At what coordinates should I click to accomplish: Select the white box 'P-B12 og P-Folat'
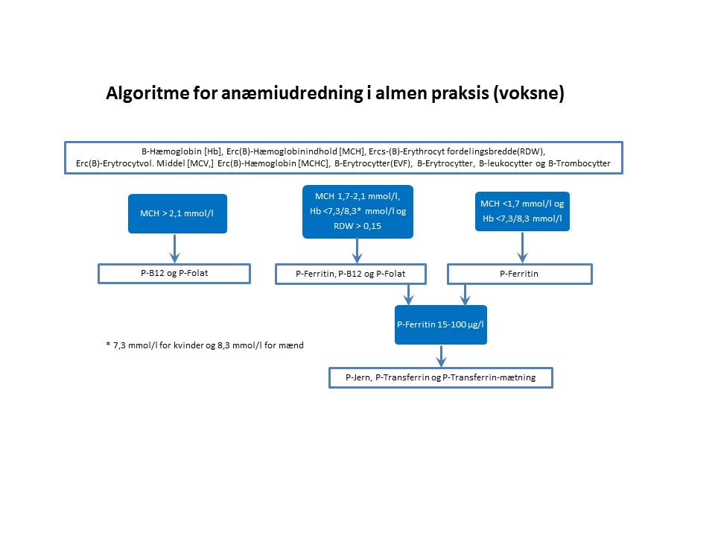tap(174, 274)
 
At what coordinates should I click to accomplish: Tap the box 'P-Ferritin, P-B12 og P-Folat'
tap(351, 274)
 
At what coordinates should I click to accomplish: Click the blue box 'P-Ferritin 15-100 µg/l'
tap(440, 325)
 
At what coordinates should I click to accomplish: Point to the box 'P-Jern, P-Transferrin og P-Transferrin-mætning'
tap(441, 377)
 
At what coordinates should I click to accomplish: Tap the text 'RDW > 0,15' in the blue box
tap(357, 225)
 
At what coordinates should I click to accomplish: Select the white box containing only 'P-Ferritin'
tap(519, 274)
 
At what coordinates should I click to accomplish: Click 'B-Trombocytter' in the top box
tap(579, 163)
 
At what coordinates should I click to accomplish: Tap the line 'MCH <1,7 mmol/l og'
tap(521, 204)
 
